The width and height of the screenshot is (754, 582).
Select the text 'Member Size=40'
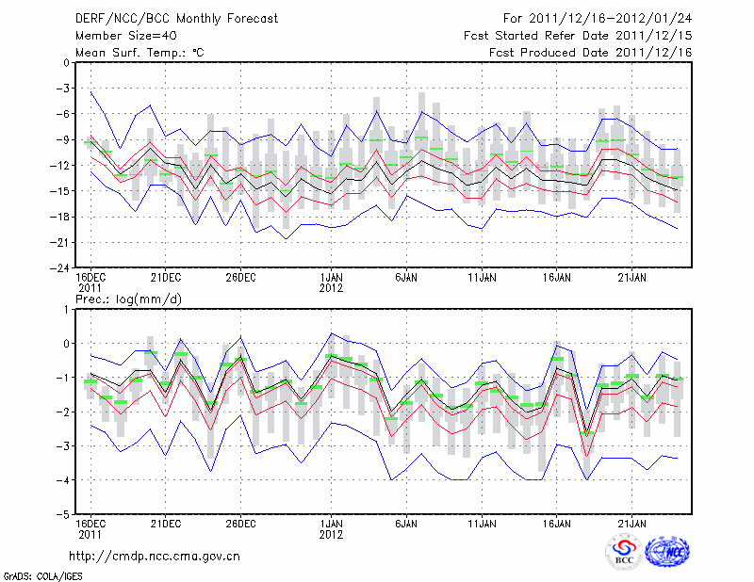pos(119,36)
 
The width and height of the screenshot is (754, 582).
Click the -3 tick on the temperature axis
pos(63,89)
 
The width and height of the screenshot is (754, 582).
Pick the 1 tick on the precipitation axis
pos(66,309)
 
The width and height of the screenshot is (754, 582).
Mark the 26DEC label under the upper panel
pos(240,278)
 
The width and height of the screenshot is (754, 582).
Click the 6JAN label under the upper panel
pos(405,278)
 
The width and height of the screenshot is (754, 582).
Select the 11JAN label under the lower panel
pos(482,525)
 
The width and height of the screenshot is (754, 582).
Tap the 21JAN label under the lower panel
pos(631,525)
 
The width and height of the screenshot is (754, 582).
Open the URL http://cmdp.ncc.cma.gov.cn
pos(155,556)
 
